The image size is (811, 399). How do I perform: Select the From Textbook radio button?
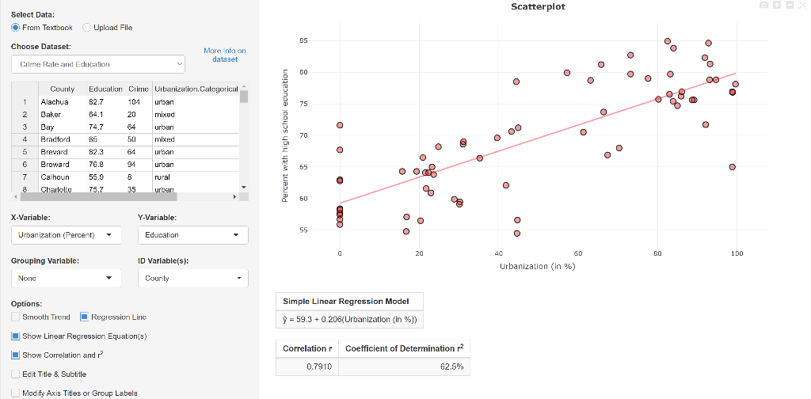pyautogui.click(x=16, y=28)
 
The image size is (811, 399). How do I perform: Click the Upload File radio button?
pyautogui.click(x=87, y=28)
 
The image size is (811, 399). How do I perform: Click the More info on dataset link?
pyautogui.click(x=224, y=55)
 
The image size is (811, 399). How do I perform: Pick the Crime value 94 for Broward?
pyautogui.click(x=133, y=164)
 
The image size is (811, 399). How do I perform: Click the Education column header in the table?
pyautogui.click(x=105, y=89)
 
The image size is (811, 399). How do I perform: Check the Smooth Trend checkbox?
pyautogui.click(x=16, y=317)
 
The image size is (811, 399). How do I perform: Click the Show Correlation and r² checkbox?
pyautogui.click(x=16, y=355)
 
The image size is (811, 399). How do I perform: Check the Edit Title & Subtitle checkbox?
pyautogui.click(x=16, y=374)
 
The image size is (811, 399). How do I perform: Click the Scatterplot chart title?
pyautogui.click(x=538, y=7)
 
